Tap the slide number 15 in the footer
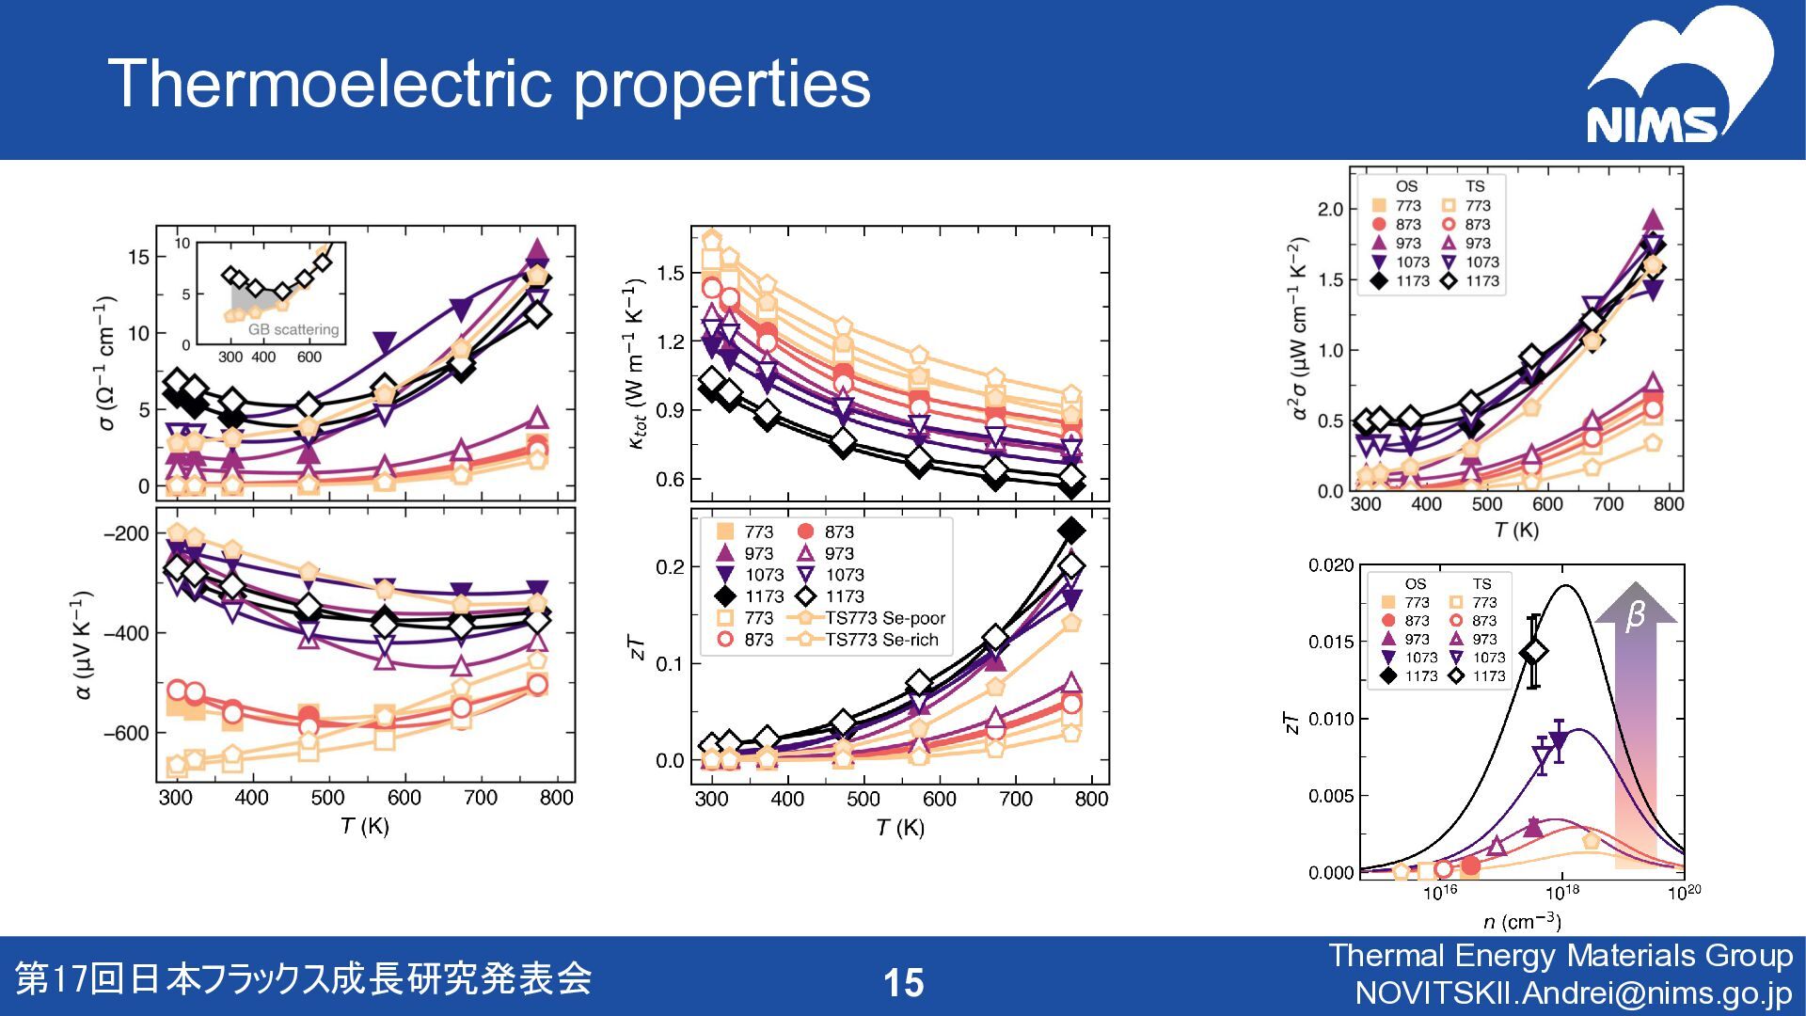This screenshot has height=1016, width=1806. coord(903,983)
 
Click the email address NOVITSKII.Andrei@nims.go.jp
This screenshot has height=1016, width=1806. coord(1574,993)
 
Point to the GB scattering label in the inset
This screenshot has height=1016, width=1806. coord(293,330)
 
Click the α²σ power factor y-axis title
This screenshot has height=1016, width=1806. coord(1296,329)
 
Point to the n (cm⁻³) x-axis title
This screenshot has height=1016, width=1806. coord(1522,922)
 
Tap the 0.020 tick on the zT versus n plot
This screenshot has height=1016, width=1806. coord(1331,565)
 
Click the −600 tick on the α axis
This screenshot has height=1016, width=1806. coord(126,734)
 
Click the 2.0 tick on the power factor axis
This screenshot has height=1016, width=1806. coord(1330,209)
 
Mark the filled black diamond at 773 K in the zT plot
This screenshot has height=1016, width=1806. coord(1070,531)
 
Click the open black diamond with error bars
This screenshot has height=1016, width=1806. coord(1534,652)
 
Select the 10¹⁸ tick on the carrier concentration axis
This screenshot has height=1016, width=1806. coord(1561,892)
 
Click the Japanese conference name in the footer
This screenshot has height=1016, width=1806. coord(304,979)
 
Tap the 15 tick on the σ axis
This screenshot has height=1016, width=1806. coord(137,257)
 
